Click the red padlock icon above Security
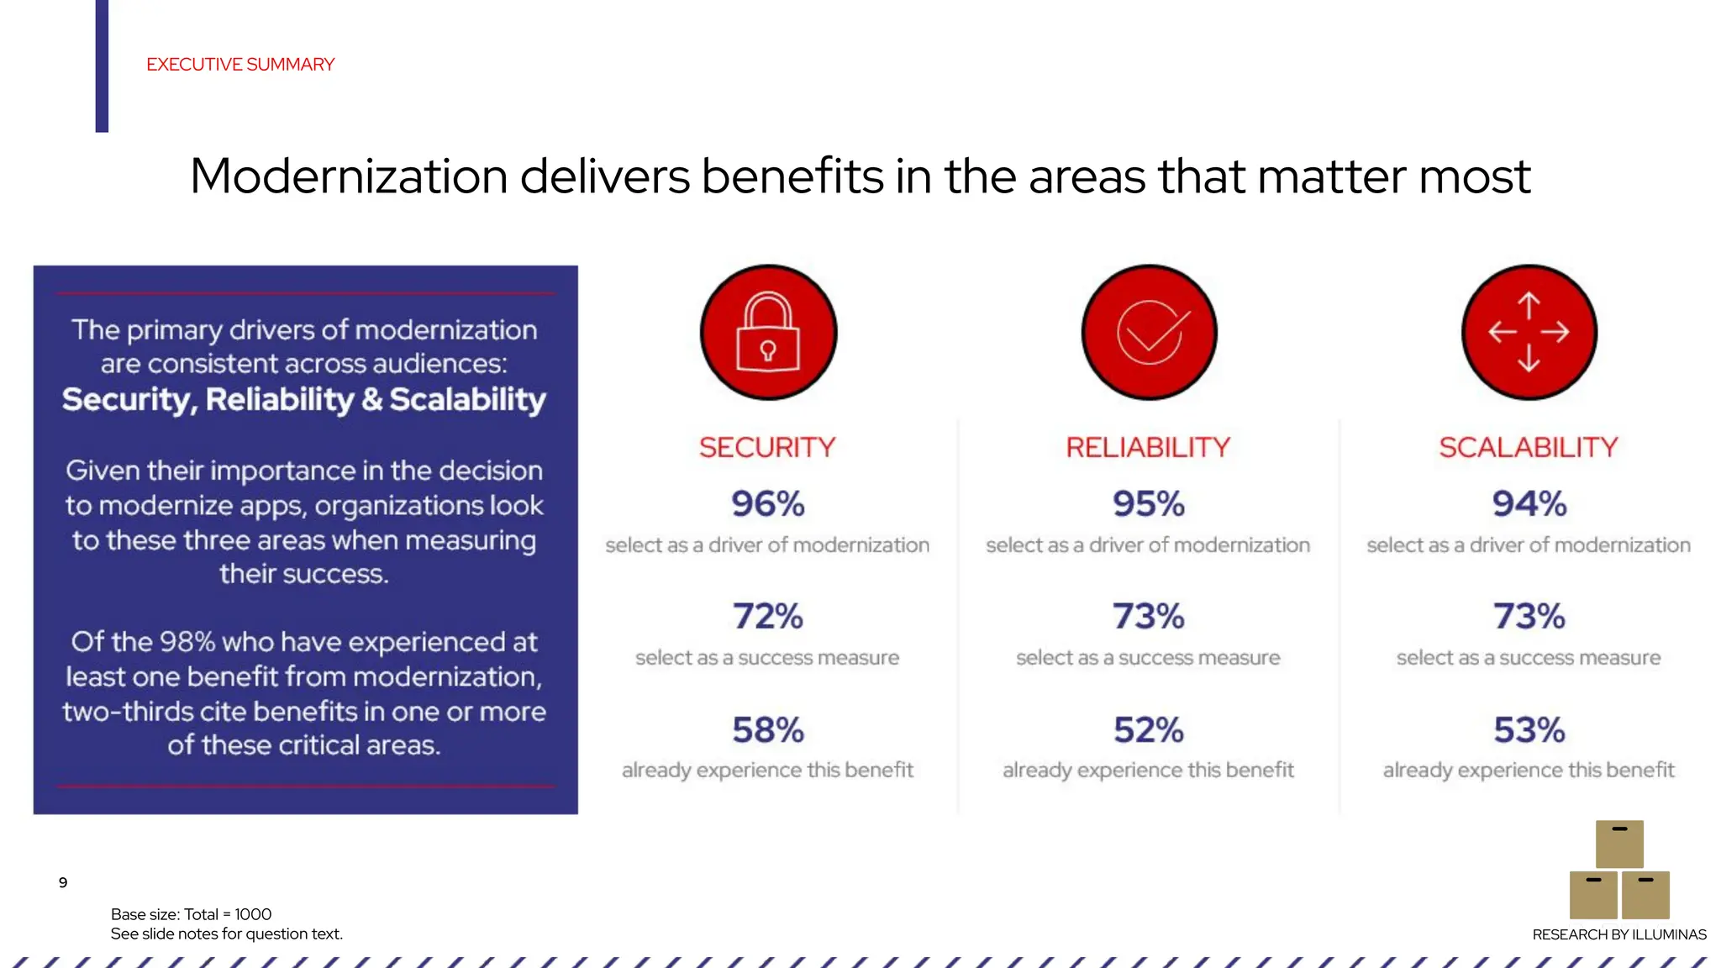(x=768, y=333)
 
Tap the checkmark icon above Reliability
(x=1149, y=333)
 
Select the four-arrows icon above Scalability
(x=1529, y=333)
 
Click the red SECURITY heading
(x=767, y=447)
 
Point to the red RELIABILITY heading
(x=1148, y=447)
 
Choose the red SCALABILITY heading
(x=1529, y=447)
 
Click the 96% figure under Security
(x=767, y=504)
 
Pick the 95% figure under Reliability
(x=1148, y=504)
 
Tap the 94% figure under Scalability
(x=1529, y=504)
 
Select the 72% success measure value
(x=767, y=617)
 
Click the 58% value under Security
(x=767, y=730)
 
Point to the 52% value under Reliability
(x=1148, y=730)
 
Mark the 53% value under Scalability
(x=1529, y=730)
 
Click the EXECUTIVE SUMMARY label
(x=240, y=65)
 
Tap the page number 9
(x=63, y=882)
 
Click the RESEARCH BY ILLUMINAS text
(x=1619, y=934)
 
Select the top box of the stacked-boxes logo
(x=1619, y=844)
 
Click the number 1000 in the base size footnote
(x=253, y=914)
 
